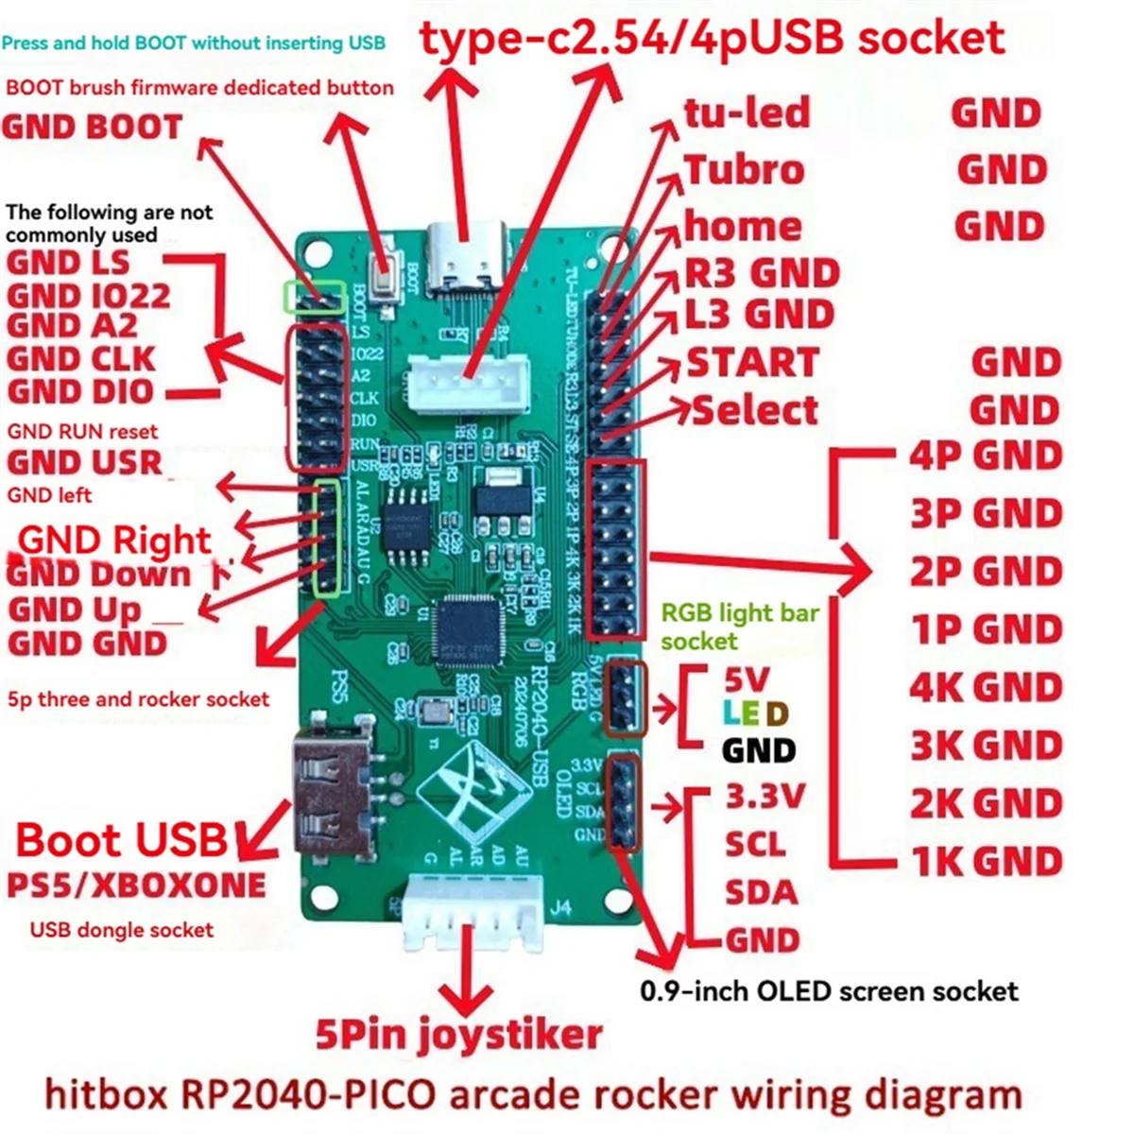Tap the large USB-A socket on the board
333,794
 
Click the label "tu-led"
747,113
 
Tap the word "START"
752,363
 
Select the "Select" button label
755,410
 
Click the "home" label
743,227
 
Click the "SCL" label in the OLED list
756,842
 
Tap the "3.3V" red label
765,797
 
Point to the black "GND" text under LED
759,750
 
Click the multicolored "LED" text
755,713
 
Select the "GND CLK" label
81,359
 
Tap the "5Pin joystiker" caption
458,1035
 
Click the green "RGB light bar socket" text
739,627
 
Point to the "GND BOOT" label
92,128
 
